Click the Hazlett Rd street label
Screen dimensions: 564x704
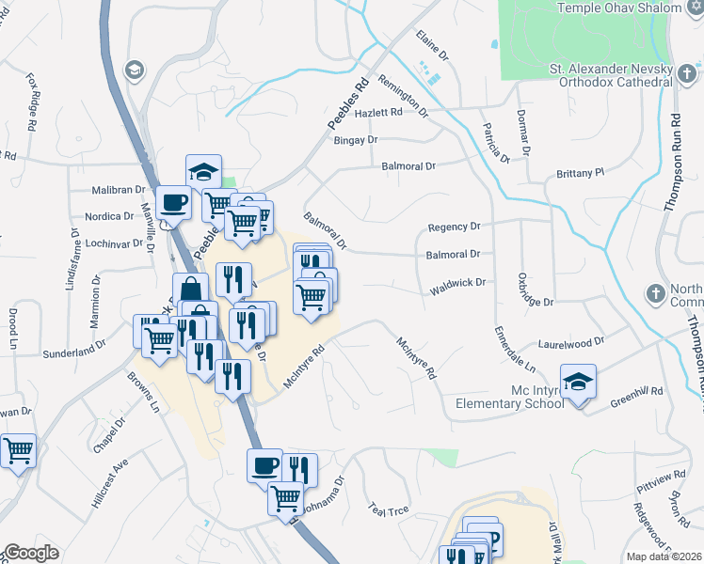pos(379,112)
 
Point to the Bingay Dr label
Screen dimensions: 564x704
pos(355,139)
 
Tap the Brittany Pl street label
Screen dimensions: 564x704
pos(579,173)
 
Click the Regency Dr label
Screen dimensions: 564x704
pos(454,227)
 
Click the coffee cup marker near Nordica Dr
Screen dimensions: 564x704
pos(175,201)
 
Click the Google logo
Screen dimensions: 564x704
pos(31,553)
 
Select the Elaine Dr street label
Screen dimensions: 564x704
pos(432,48)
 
